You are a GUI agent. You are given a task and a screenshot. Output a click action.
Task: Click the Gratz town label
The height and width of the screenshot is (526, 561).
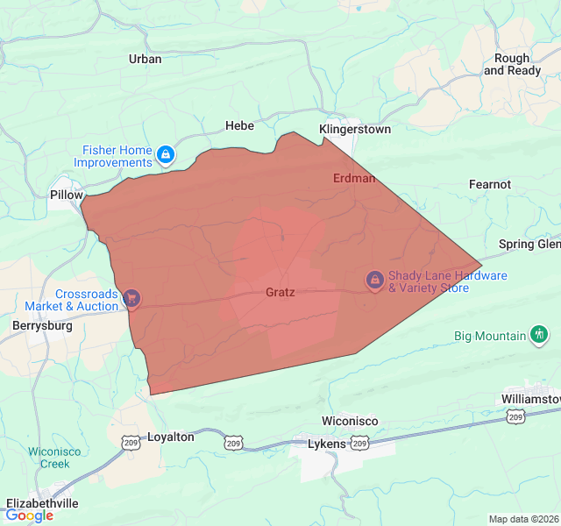tap(280, 292)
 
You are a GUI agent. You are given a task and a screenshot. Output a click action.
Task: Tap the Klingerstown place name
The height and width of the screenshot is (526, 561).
tap(355, 129)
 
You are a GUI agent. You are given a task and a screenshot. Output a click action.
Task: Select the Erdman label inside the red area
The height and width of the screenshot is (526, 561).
tap(354, 178)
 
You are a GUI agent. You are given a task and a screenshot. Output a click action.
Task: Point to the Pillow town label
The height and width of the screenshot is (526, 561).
tap(67, 195)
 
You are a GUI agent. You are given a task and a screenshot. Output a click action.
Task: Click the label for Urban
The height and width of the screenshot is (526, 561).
tap(146, 59)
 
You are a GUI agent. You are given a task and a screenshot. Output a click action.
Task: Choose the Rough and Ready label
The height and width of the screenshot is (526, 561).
tap(512, 64)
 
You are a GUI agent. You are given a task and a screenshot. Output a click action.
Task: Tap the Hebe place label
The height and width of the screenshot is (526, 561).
tap(239, 125)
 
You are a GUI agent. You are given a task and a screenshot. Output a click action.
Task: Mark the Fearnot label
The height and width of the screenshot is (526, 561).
tap(490, 184)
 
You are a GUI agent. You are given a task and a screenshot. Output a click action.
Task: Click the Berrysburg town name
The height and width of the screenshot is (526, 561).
tap(41, 325)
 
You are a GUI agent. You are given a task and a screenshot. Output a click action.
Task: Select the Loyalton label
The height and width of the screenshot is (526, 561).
tap(170, 436)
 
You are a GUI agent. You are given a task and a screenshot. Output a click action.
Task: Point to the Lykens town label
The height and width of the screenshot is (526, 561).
tap(328, 444)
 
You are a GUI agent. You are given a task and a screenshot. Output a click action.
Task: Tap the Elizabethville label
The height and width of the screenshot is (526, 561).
tap(42, 503)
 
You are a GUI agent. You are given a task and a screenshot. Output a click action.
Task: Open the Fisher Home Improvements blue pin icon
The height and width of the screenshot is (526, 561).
tap(166, 157)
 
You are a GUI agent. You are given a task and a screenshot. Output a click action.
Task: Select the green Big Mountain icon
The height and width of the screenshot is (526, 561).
tap(540, 335)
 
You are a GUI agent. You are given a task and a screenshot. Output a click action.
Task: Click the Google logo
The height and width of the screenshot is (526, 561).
tap(29, 515)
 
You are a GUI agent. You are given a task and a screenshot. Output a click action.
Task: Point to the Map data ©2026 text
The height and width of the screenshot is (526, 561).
tap(522, 519)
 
